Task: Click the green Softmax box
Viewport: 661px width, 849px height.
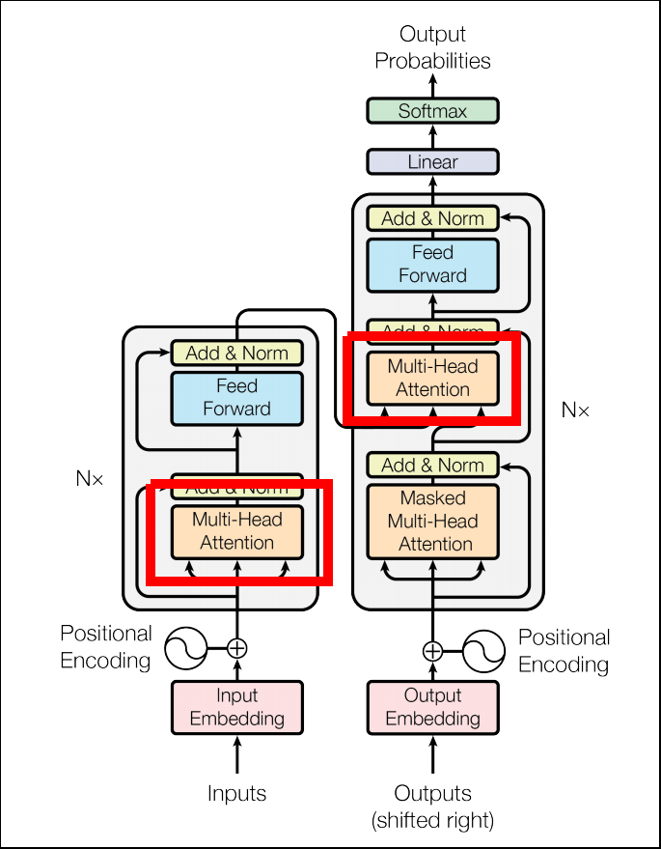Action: tap(432, 111)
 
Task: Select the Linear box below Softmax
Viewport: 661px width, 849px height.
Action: tap(432, 161)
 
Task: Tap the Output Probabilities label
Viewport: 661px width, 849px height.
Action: tap(432, 48)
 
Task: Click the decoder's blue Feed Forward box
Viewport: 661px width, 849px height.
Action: tap(432, 264)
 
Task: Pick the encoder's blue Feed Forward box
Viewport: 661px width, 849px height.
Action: tap(236, 397)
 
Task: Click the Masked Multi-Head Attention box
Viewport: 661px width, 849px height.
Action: tap(432, 521)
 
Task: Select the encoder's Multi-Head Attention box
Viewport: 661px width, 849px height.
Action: tap(236, 530)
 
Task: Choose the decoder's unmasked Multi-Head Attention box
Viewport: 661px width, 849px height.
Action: tap(432, 378)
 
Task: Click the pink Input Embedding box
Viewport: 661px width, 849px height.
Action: tap(236, 707)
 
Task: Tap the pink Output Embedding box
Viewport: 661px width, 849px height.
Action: tap(432, 707)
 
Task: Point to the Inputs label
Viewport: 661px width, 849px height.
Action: tap(236, 794)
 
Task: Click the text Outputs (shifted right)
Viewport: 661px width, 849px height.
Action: tap(432, 807)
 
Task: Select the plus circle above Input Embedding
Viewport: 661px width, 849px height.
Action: tap(236, 648)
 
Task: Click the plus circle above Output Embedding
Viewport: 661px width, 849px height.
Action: tap(432, 650)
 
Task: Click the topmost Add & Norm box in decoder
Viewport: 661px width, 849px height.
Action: tap(432, 218)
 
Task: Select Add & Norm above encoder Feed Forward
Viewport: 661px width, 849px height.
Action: tap(236, 353)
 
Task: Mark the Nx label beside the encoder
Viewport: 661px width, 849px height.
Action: tap(89, 477)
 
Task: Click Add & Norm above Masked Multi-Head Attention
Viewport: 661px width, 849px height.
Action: tap(432, 466)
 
